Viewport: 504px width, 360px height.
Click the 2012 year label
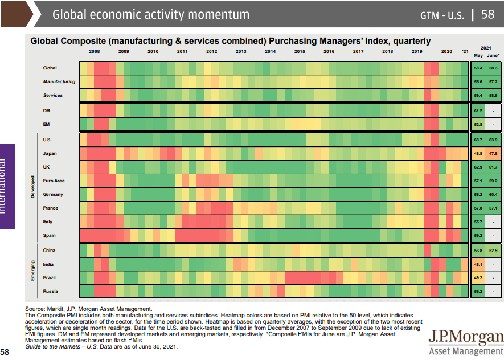[211, 51]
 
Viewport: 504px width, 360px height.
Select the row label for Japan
[50, 153]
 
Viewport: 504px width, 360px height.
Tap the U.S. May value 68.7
[478, 140]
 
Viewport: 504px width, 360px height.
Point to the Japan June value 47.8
[493, 154]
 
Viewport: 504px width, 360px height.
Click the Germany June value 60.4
[493, 194]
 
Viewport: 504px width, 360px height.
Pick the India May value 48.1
[478, 264]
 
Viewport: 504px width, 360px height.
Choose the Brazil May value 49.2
[478, 278]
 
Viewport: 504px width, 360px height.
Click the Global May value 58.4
[478, 68]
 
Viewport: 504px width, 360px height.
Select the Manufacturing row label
[59, 81]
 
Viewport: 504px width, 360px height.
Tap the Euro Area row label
[54, 181]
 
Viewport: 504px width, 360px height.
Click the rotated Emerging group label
[32, 271]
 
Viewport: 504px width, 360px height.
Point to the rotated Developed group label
[32, 187]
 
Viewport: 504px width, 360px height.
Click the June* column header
[493, 55]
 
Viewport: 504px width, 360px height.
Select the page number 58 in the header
[488, 14]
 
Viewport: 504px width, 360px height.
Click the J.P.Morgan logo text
[466, 337]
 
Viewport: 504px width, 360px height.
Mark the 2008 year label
[94, 51]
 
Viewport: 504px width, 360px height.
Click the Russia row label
[51, 291]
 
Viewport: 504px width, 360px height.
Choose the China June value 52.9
[493, 251]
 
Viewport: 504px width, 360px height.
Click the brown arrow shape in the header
[16, 14]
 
